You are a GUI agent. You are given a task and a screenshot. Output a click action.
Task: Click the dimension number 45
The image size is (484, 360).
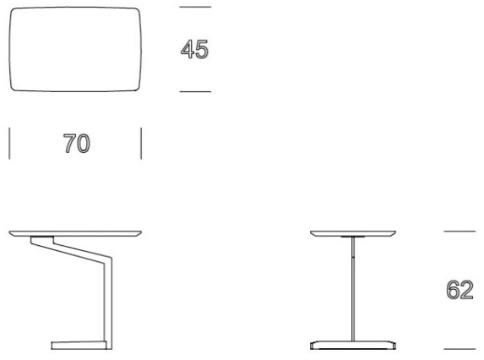[194, 49]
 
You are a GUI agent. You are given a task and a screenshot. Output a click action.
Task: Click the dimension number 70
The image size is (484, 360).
[77, 144]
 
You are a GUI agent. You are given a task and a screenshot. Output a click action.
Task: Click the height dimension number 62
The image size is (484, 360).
[460, 290]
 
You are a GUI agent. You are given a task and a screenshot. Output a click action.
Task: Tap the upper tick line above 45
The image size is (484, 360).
[195, 7]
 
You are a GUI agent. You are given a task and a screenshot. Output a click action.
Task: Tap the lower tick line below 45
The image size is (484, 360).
[195, 91]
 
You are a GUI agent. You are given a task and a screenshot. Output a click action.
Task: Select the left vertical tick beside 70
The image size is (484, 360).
[9, 144]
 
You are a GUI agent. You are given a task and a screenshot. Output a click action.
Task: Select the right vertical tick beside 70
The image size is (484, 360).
[141, 144]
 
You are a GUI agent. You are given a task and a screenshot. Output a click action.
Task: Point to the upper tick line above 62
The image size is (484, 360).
[460, 231]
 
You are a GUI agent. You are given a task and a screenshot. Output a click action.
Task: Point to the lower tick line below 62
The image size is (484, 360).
[460, 349]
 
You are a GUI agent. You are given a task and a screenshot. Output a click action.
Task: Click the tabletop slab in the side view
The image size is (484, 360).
[75, 233]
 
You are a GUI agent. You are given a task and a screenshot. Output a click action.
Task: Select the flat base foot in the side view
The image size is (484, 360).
[79, 345]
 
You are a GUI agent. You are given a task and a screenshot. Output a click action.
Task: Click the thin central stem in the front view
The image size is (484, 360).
[353, 289]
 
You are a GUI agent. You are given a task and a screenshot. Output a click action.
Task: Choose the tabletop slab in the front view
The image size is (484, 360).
[353, 233]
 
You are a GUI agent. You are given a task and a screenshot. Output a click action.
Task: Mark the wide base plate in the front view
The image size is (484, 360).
[353, 345]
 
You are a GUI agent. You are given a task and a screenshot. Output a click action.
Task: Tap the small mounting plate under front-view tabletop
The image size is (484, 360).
[353, 237]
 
